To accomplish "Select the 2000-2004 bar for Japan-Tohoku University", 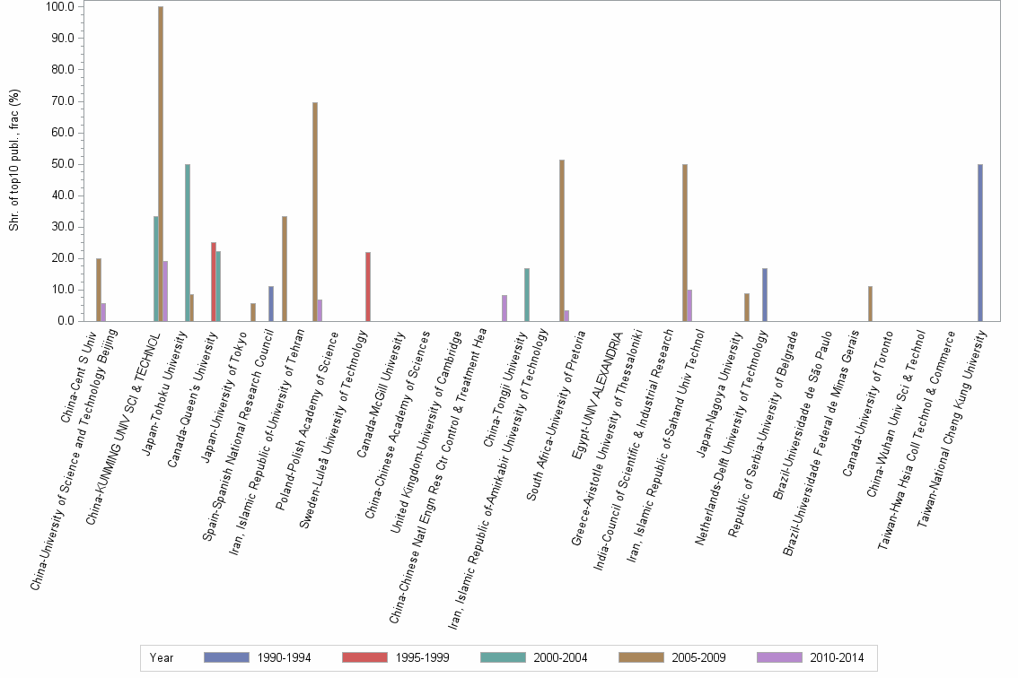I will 187,242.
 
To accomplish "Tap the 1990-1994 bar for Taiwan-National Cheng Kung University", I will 980,242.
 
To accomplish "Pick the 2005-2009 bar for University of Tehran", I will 315,212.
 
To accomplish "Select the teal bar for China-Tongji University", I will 527,294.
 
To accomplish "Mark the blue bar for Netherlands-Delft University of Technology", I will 765,294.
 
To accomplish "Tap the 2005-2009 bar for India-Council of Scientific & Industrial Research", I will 685,242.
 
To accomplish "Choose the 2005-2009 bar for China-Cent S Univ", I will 99,290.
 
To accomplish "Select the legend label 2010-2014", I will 837,657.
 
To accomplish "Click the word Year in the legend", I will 162,657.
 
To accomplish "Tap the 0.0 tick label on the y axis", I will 65,321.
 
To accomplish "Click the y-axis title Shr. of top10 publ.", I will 14,161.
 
